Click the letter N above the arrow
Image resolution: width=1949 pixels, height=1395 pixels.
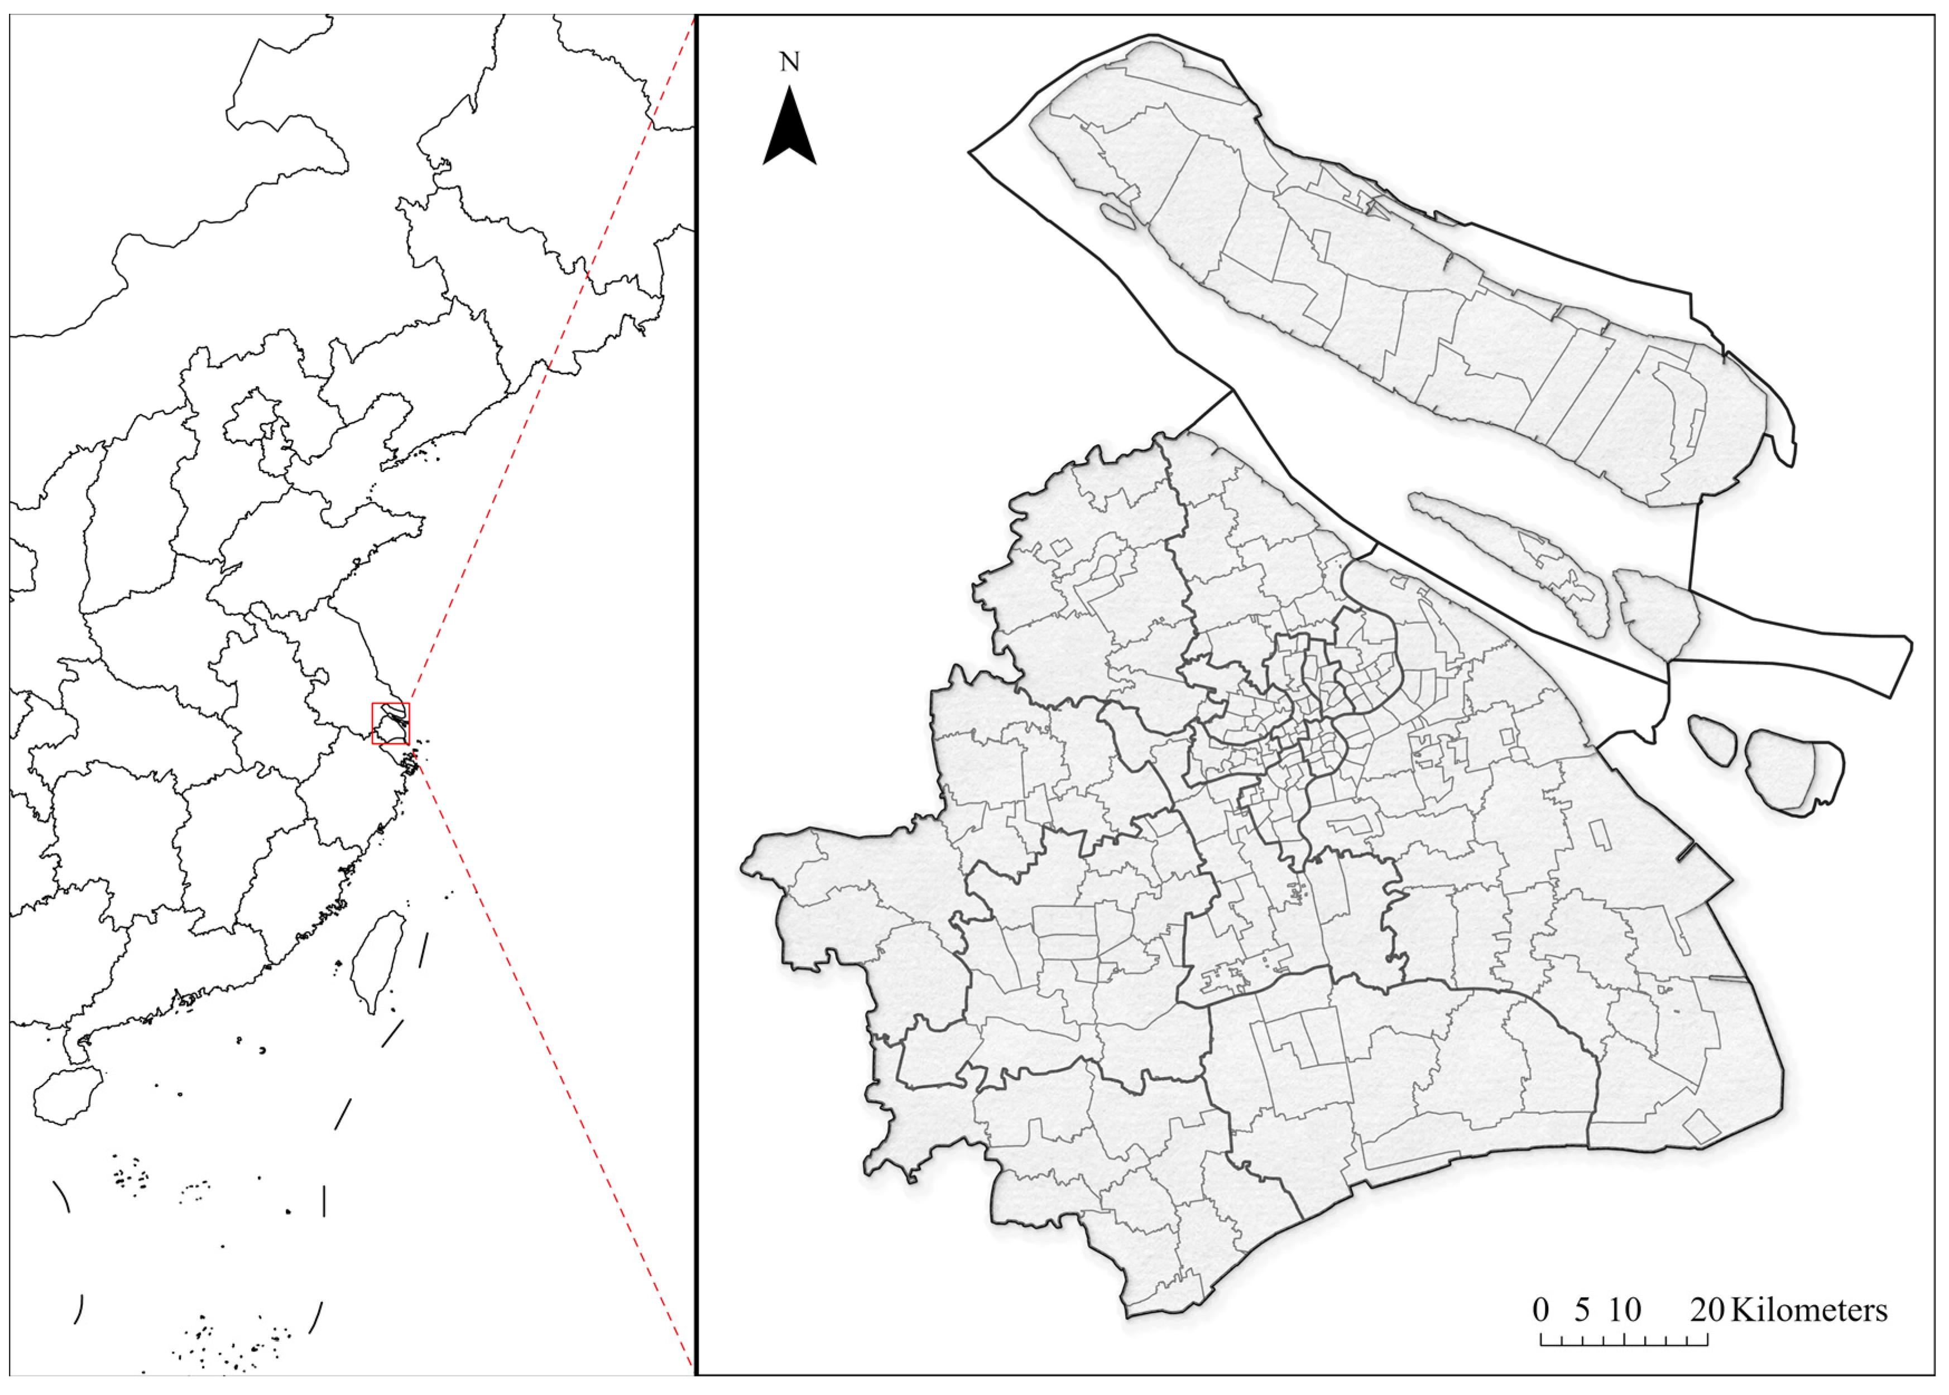click(789, 62)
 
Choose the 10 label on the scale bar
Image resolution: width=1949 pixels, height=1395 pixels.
click(1624, 1310)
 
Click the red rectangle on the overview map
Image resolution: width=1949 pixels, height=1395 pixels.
click(391, 723)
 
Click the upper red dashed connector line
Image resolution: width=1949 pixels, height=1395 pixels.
click(550, 361)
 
